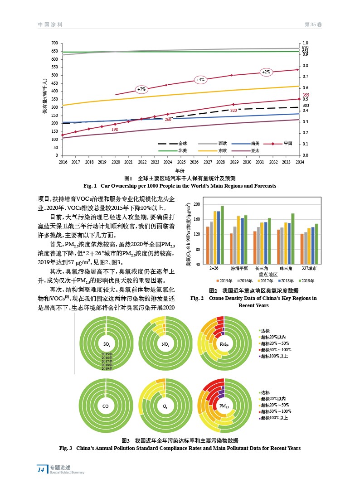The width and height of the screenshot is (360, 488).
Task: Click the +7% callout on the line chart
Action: click(142, 89)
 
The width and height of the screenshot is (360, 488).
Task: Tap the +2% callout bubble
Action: click(266, 72)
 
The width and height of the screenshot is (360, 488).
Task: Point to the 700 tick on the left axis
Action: click(54, 43)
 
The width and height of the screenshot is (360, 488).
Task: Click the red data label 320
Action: click(233, 111)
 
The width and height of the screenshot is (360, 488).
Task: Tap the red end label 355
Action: click(306, 95)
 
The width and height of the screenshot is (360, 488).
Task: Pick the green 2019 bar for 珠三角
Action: click(293, 239)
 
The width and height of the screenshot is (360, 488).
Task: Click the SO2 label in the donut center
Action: click(106, 344)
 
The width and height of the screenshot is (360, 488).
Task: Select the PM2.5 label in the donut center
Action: click(224, 406)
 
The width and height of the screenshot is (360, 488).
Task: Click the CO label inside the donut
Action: click(105, 406)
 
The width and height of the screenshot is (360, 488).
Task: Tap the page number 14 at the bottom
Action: click(41, 470)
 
